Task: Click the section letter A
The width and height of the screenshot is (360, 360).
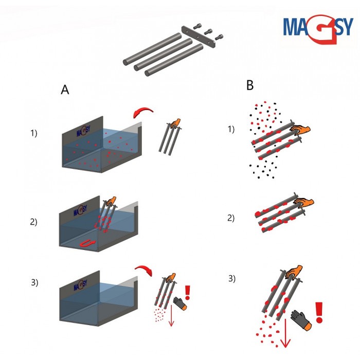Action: tap(65, 89)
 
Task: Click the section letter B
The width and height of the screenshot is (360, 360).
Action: tap(250, 85)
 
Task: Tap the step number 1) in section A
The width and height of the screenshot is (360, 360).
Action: tap(34, 133)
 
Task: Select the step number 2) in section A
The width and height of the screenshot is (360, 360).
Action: tap(34, 222)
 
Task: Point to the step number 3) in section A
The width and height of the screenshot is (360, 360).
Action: tap(34, 282)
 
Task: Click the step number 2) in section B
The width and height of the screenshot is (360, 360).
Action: tap(230, 218)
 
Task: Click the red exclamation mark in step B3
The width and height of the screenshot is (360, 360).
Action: tap(319, 312)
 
